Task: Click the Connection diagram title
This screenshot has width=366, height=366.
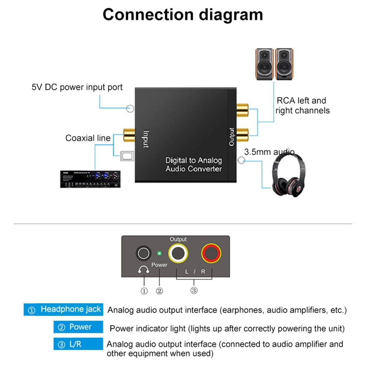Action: click(x=183, y=15)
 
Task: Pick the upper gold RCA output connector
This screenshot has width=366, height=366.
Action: click(x=242, y=108)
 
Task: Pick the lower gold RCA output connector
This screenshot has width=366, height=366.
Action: click(x=242, y=135)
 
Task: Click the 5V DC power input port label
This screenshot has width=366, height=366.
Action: click(x=77, y=87)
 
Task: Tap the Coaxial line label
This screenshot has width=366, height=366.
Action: click(x=88, y=138)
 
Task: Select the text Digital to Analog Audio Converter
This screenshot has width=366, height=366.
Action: click(x=193, y=165)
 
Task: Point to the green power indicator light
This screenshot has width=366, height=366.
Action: click(x=159, y=253)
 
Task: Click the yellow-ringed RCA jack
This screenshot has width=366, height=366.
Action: click(x=179, y=253)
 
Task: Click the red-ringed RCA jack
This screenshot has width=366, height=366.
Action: click(x=212, y=253)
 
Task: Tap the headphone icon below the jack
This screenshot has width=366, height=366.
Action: click(x=143, y=270)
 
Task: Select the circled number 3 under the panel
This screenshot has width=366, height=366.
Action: click(x=194, y=291)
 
